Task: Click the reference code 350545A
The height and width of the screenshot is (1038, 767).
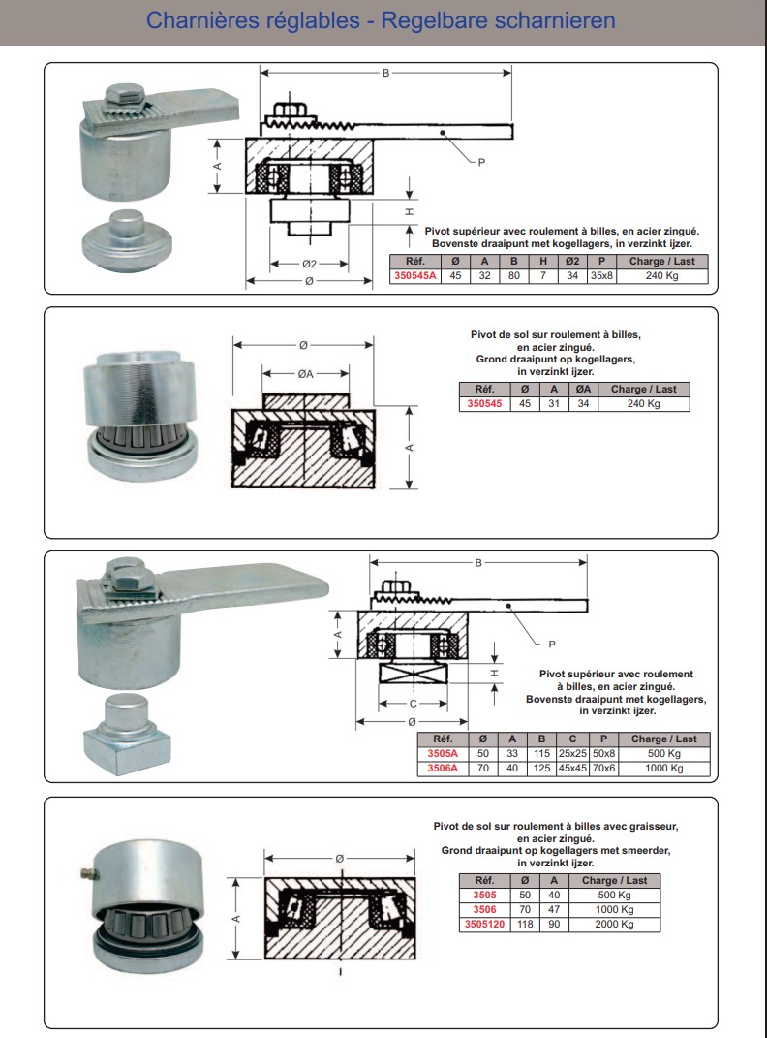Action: (415, 275)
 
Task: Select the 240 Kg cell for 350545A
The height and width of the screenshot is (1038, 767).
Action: (661, 275)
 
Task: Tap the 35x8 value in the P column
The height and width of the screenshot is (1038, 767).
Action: (601, 275)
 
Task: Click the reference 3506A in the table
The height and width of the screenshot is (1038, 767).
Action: (443, 768)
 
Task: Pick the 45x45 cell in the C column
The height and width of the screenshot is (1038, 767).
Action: (572, 768)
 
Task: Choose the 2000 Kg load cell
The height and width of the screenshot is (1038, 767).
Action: (614, 924)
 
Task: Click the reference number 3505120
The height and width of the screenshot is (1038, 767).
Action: (484, 924)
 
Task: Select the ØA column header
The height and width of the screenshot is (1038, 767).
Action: (583, 390)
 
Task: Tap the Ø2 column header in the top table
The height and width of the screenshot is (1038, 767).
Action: (572, 261)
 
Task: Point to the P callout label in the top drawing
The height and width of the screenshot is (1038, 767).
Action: (481, 162)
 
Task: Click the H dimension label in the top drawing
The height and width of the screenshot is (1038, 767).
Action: (410, 212)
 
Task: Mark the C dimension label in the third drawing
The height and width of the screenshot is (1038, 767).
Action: (414, 704)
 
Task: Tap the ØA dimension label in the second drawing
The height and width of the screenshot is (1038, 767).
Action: (305, 374)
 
